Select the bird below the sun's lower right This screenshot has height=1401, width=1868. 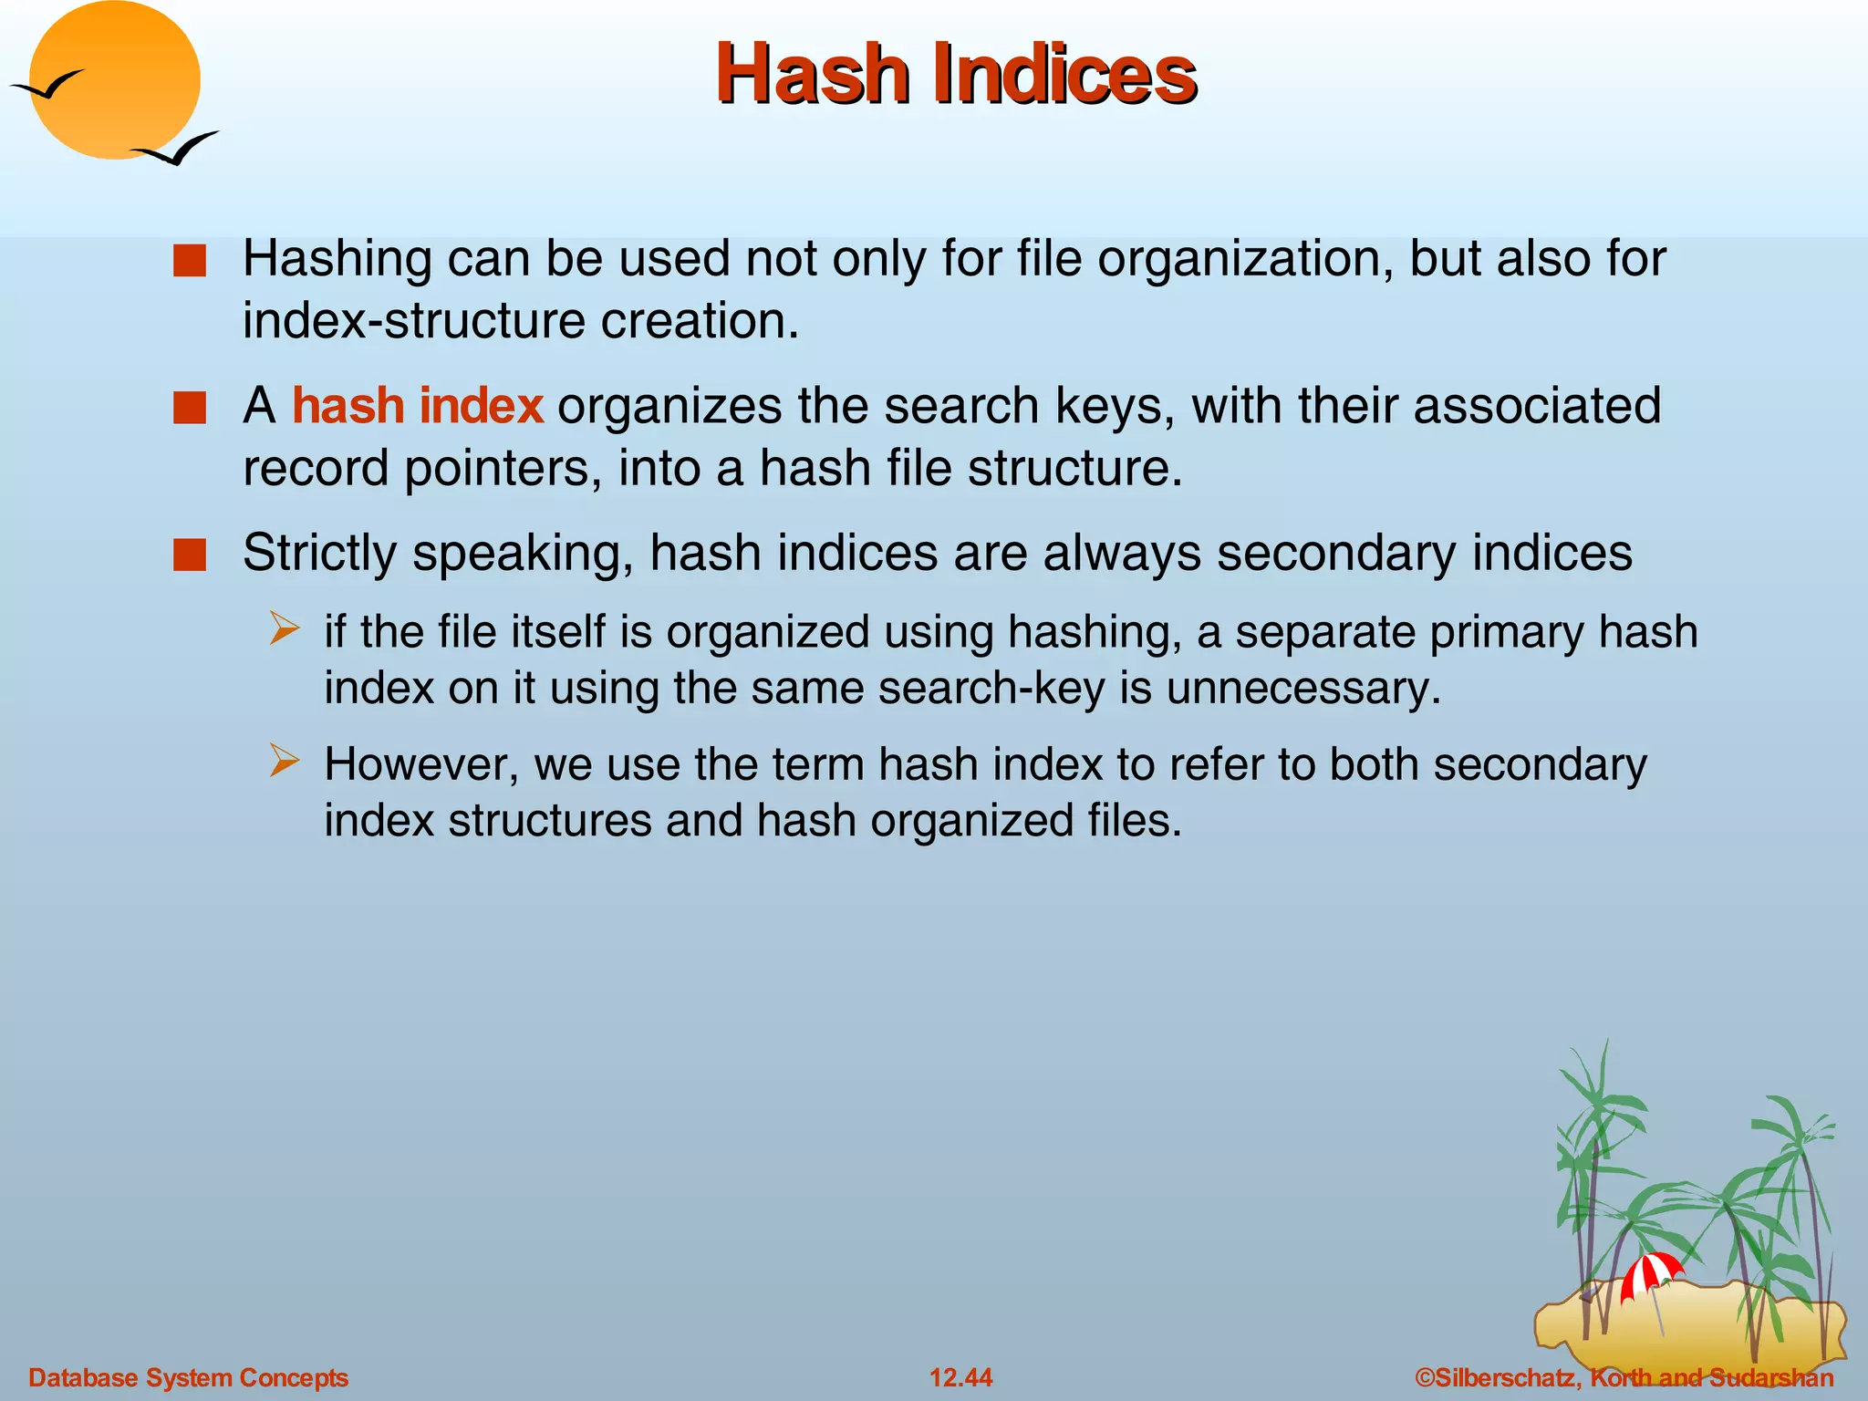pyautogui.click(x=177, y=150)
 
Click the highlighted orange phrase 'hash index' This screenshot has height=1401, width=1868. pyautogui.click(x=418, y=406)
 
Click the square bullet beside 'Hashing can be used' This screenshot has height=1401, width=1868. pyautogui.click(x=190, y=261)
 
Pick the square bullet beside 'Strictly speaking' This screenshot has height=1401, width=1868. pyautogui.click(x=190, y=555)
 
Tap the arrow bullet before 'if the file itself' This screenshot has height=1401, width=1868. pyautogui.click(x=285, y=629)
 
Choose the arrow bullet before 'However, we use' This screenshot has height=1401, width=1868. pyautogui.click(x=285, y=762)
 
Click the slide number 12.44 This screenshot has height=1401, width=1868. pyautogui.click(x=960, y=1377)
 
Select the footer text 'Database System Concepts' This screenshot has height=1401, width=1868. pyautogui.click(x=189, y=1377)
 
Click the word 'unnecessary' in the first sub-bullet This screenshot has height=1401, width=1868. pyautogui.click(x=1303, y=689)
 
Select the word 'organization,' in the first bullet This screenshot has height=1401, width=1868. pyautogui.click(x=1245, y=260)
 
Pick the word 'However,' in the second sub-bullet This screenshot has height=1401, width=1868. pyautogui.click(x=421, y=764)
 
